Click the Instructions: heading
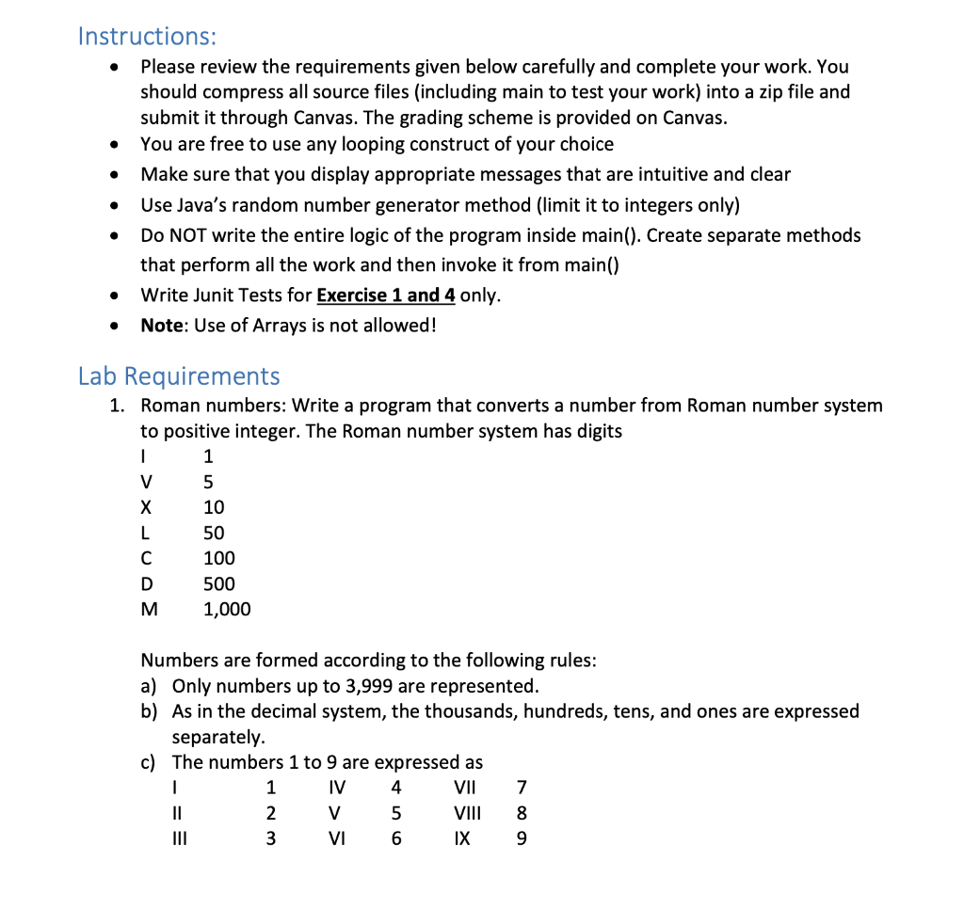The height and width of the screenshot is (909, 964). [147, 37]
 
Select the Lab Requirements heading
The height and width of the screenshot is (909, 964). [179, 376]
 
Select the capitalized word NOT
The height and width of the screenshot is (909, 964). [192, 235]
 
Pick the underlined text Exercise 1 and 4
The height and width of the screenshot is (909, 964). [386, 295]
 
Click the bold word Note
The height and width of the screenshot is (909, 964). [163, 326]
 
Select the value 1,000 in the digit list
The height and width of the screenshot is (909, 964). [227, 610]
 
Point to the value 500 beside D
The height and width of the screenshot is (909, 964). [219, 584]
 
